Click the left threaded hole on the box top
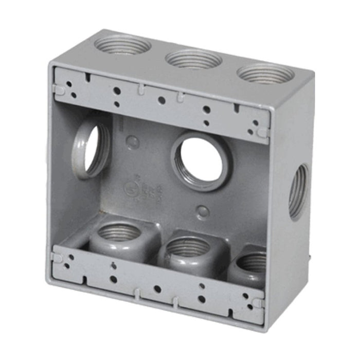click(122, 45)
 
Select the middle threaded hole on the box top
click(193, 59)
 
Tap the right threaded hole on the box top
click(265, 74)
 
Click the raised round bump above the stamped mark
click(132, 142)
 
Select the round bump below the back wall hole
click(203, 211)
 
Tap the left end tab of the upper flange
click(59, 89)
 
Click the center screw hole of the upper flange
click(161, 100)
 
